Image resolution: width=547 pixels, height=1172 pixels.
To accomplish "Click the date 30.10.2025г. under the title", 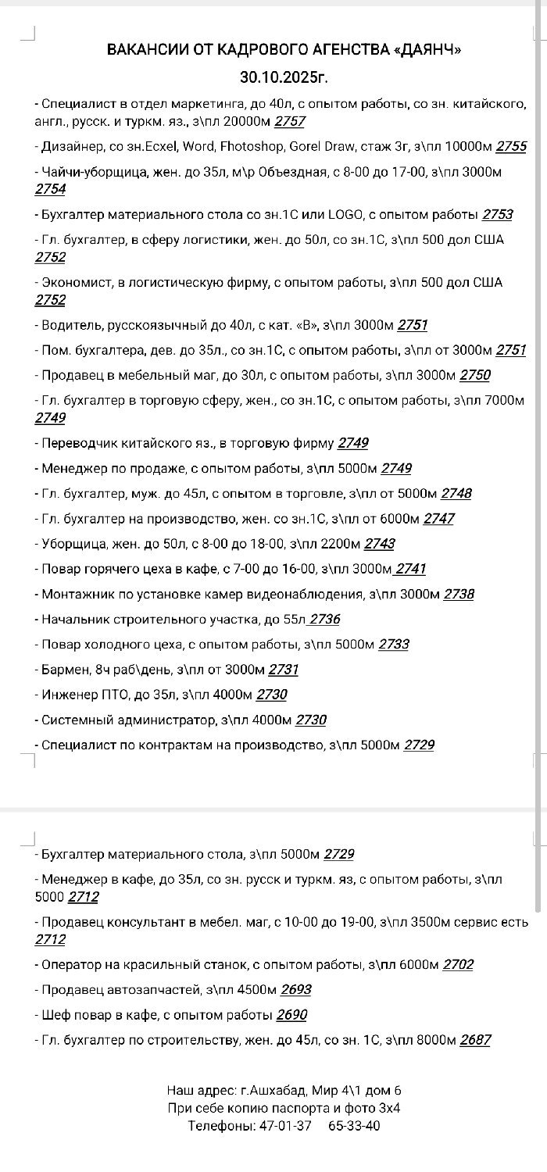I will [x=284, y=78].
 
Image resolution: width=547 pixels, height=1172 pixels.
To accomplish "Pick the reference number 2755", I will [x=511, y=146].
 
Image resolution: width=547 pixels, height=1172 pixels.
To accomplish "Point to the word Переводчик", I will [x=77, y=443].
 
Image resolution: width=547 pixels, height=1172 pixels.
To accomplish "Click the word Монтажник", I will [x=74, y=594].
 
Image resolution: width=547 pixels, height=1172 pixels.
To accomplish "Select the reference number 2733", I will [x=394, y=645].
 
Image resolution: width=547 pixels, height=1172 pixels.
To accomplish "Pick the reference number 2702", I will [x=458, y=964].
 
